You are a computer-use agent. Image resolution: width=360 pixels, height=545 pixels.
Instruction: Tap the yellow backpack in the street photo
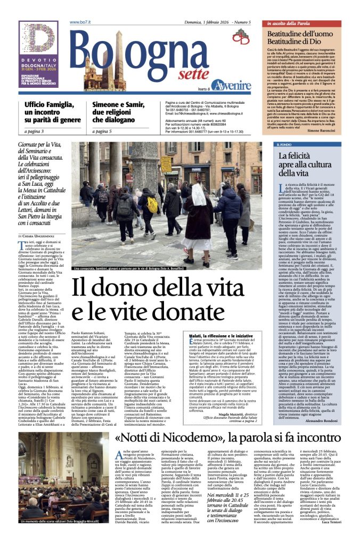153,204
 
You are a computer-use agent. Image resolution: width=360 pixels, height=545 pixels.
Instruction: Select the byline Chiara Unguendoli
43,236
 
